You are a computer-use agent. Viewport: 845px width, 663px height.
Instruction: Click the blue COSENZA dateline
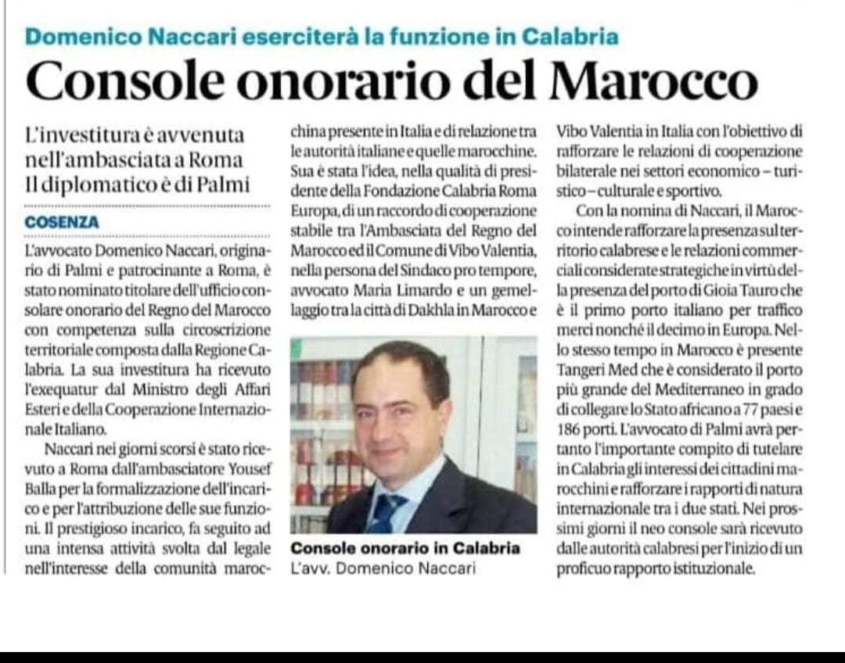pyautogui.click(x=62, y=223)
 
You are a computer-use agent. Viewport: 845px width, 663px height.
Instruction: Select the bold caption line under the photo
pyautogui.click(x=405, y=548)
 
